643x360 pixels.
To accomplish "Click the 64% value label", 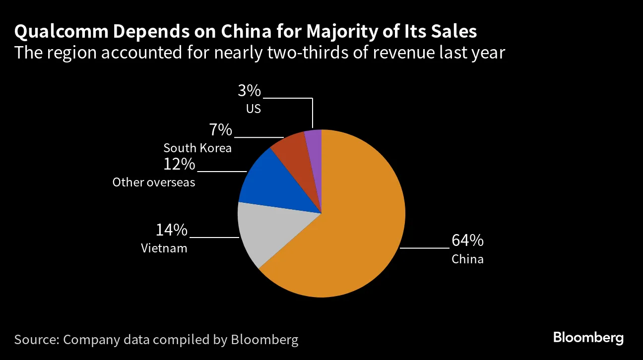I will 467,240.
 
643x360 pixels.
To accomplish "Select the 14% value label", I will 172,230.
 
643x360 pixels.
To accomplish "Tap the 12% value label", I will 179,164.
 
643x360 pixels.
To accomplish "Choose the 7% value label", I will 220,130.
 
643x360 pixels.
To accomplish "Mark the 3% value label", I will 249,91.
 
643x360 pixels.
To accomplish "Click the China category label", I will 467,259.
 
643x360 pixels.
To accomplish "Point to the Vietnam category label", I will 164,248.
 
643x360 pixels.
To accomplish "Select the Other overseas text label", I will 154,182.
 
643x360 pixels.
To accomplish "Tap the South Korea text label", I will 197,148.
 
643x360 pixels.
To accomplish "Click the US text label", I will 253,109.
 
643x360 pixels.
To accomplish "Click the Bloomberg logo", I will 588,338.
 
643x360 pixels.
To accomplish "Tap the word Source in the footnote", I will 35,340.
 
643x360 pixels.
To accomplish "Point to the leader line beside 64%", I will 424,247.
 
